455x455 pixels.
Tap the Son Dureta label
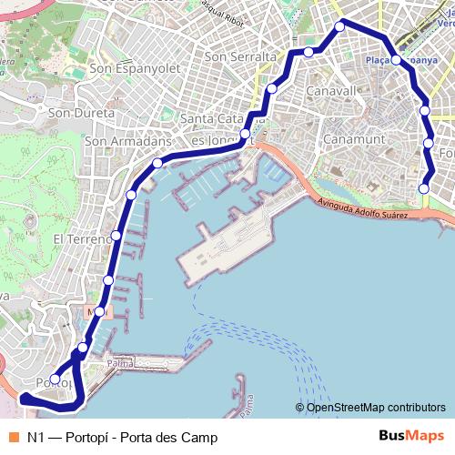coord(82,113)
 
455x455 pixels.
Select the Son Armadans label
coord(127,141)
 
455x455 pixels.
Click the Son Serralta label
coord(241,56)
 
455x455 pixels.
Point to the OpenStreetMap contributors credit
coord(370,407)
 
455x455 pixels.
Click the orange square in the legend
coord(12,437)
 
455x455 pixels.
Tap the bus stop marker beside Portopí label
coord(56,379)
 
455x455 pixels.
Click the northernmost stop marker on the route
coord(340,26)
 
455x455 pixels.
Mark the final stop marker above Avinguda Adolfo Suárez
coord(423,188)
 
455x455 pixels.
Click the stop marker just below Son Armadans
coord(157,163)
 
